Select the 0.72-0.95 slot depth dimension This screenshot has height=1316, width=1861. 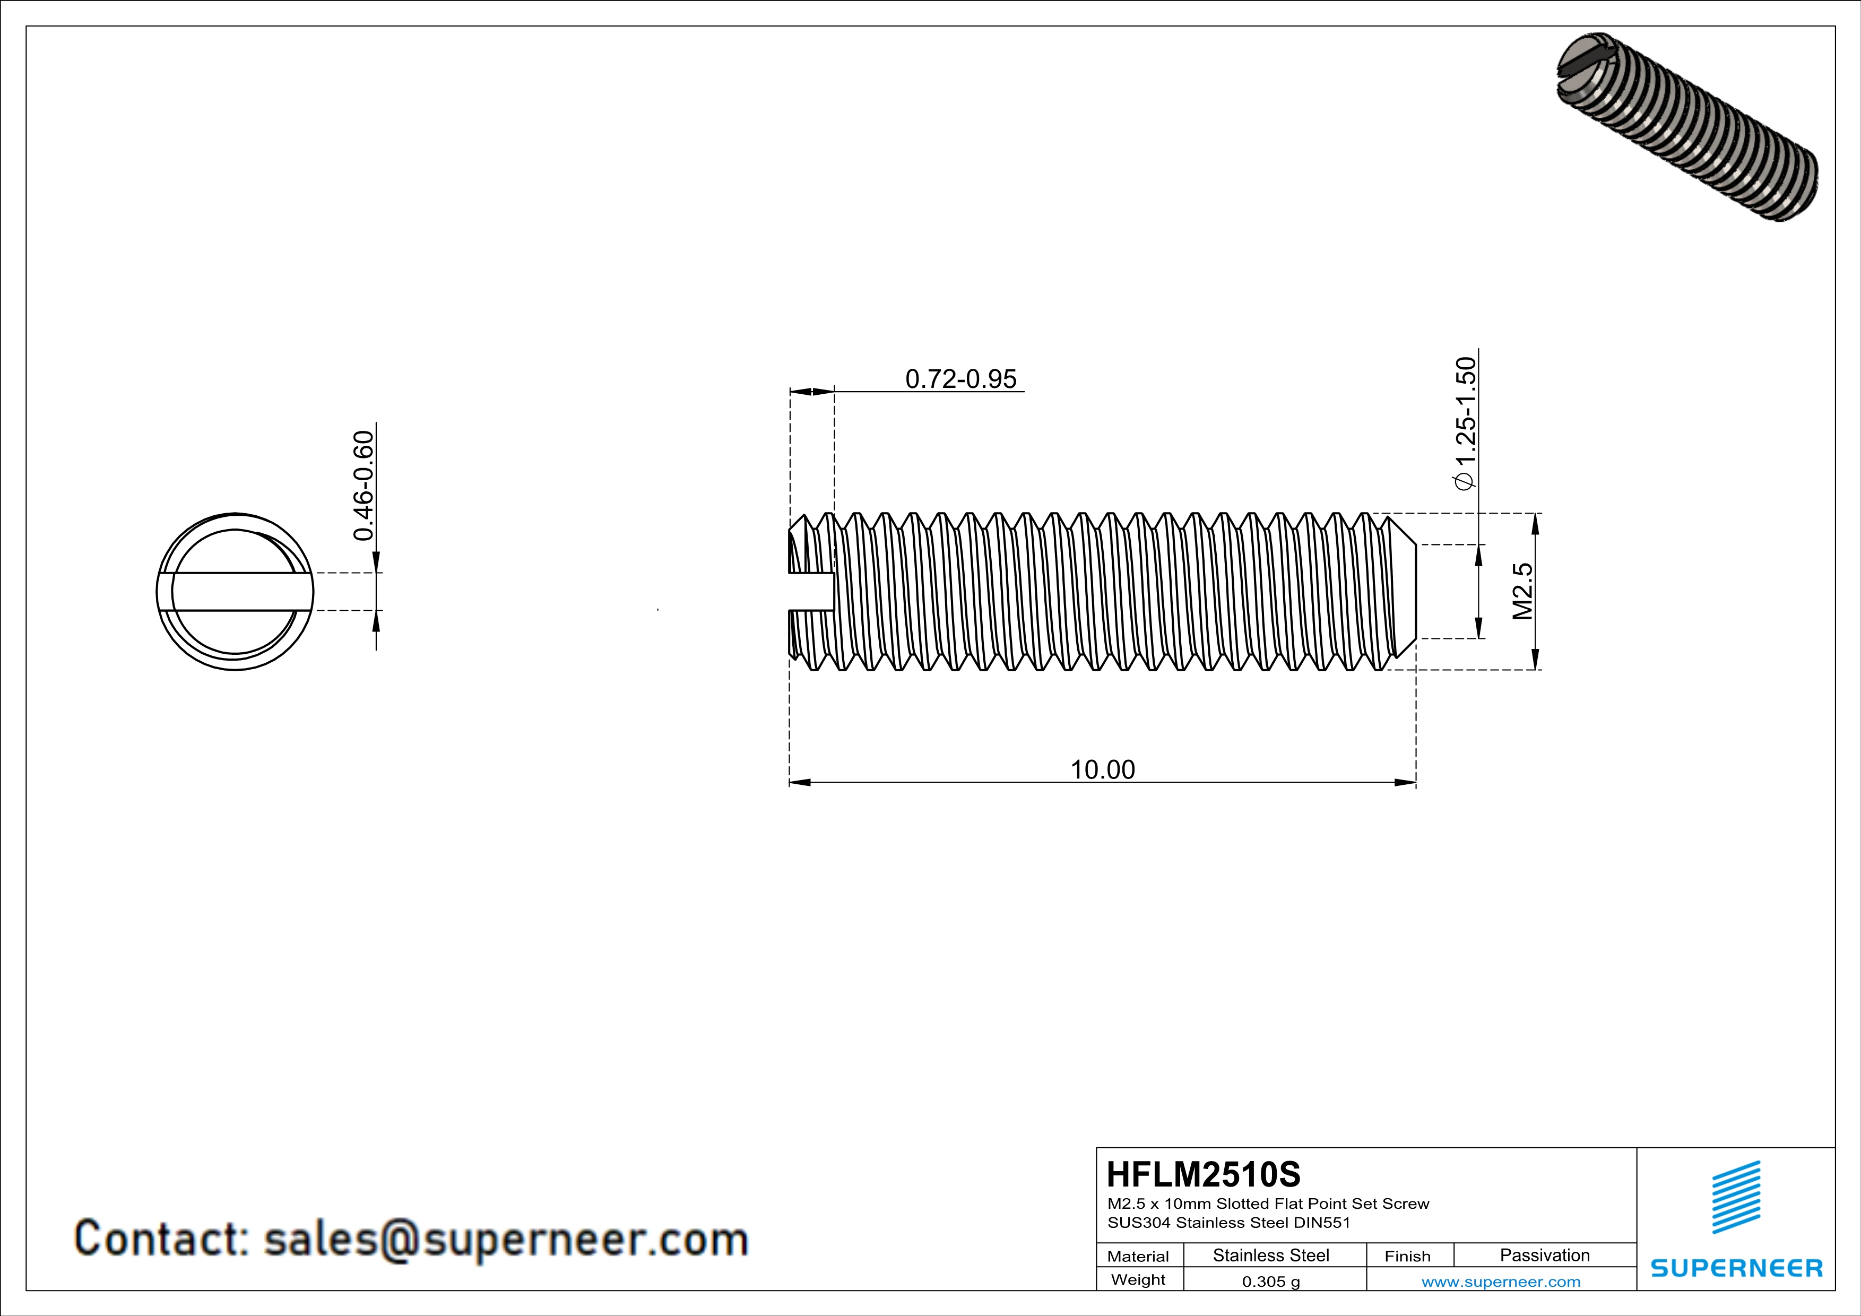click(960, 378)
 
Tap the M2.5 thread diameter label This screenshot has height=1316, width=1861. click(1523, 592)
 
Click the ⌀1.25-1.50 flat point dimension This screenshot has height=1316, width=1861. click(1466, 423)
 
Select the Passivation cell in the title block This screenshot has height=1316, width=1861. click(1544, 1255)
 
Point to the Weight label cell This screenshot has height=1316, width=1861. click(1138, 1279)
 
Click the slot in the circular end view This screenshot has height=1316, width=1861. click(235, 592)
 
